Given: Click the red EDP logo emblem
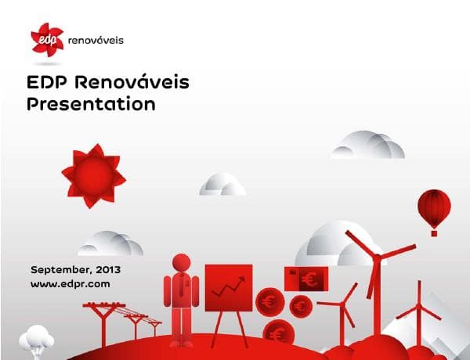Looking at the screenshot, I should (48, 38).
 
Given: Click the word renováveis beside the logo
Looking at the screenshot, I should (96, 40).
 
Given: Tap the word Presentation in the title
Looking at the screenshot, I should (91, 103).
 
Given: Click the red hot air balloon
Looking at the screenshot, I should (434, 207).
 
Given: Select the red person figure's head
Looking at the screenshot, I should (181, 264).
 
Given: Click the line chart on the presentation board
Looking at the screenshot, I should (228, 287).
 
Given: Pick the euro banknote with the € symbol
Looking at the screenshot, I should (306, 278).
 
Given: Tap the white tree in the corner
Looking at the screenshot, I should (37, 338).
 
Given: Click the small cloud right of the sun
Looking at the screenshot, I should (222, 185).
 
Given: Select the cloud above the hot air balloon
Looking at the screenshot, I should (368, 146).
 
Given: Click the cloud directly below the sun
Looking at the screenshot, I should (110, 243).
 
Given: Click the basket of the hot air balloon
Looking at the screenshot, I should (434, 232).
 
